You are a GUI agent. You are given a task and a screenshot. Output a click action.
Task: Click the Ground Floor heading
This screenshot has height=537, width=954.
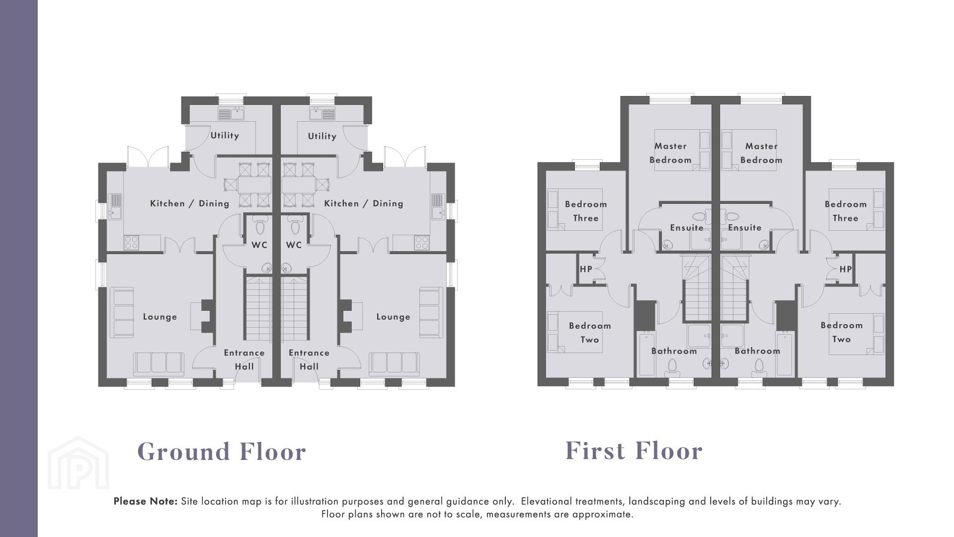222,451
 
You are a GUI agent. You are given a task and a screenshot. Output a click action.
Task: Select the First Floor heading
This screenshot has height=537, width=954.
634,450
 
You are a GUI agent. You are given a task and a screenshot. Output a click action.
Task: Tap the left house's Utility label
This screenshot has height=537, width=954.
225,135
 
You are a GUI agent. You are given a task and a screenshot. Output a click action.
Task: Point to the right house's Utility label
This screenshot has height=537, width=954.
322,136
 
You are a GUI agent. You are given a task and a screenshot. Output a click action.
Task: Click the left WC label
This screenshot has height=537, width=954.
259,245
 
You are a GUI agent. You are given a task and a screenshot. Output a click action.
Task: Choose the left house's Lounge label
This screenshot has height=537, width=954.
160,317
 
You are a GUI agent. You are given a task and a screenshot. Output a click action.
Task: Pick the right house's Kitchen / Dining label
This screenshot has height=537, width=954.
364,203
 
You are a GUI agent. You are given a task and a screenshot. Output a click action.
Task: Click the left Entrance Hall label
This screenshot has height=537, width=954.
244,359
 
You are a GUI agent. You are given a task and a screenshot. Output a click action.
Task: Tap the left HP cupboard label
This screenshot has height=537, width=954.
586,269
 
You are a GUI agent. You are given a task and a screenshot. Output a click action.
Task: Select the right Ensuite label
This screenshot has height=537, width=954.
745,228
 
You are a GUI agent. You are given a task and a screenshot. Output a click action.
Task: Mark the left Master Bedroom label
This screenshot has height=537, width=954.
670,153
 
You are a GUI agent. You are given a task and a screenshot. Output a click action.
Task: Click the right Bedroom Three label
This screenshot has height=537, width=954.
846,211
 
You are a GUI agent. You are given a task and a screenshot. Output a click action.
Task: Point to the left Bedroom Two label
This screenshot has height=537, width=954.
590,333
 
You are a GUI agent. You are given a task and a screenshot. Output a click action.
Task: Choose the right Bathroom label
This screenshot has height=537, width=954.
757,351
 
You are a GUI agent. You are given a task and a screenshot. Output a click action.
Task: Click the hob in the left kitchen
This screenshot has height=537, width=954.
131,243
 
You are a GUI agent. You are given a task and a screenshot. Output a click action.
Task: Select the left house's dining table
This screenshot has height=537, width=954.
255,185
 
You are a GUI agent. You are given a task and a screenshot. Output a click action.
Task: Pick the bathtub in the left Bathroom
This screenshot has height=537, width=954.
647,354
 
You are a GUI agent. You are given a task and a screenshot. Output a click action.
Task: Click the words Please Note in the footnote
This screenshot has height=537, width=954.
145,501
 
